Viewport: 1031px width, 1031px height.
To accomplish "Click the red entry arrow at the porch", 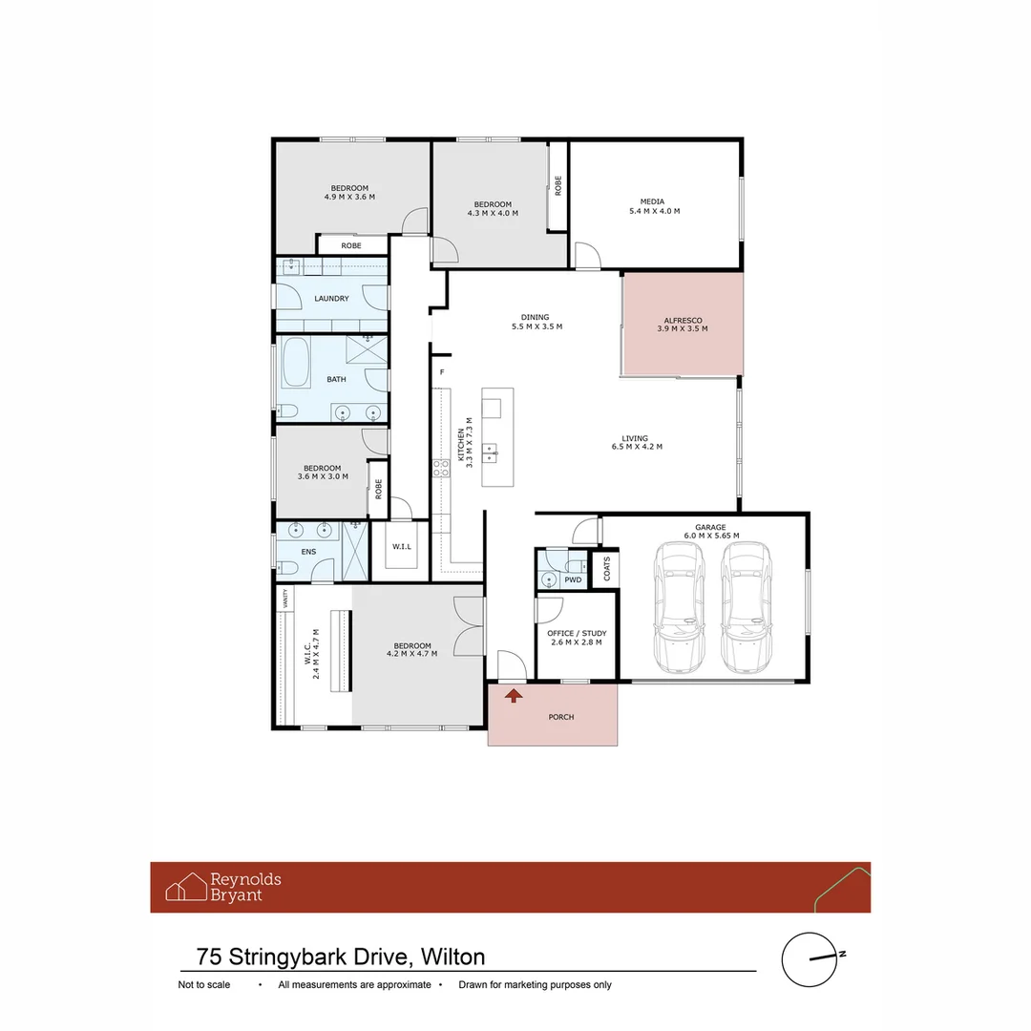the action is pyautogui.click(x=514, y=695).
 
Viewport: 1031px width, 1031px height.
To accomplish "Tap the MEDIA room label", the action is pyautogui.click(x=652, y=201).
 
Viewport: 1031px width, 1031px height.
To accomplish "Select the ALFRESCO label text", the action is pyautogui.click(x=683, y=321).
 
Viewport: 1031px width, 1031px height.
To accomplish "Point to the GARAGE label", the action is pyautogui.click(x=710, y=527).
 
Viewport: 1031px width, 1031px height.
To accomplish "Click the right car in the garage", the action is pyautogui.click(x=746, y=607).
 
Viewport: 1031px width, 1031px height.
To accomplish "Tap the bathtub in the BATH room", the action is pyautogui.click(x=296, y=363).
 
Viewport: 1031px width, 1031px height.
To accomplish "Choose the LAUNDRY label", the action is pyautogui.click(x=331, y=299).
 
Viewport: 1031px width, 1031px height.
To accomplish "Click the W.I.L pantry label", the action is pyautogui.click(x=402, y=546).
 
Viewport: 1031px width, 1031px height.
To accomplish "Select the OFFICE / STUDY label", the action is pyautogui.click(x=577, y=633).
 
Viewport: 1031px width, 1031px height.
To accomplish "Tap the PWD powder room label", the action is pyautogui.click(x=573, y=580).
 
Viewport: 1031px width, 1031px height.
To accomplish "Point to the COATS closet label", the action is pyautogui.click(x=607, y=569).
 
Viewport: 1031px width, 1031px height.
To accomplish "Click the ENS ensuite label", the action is pyautogui.click(x=308, y=552).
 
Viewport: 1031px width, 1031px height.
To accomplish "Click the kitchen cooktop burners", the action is pyautogui.click(x=441, y=468).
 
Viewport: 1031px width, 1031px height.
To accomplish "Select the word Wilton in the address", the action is pyautogui.click(x=453, y=957).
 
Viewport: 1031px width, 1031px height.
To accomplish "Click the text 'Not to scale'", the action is pyautogui.click(x=204, y=984).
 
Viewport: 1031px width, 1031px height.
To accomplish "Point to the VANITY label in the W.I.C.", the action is pyautogui.click(x=285, y=599).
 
